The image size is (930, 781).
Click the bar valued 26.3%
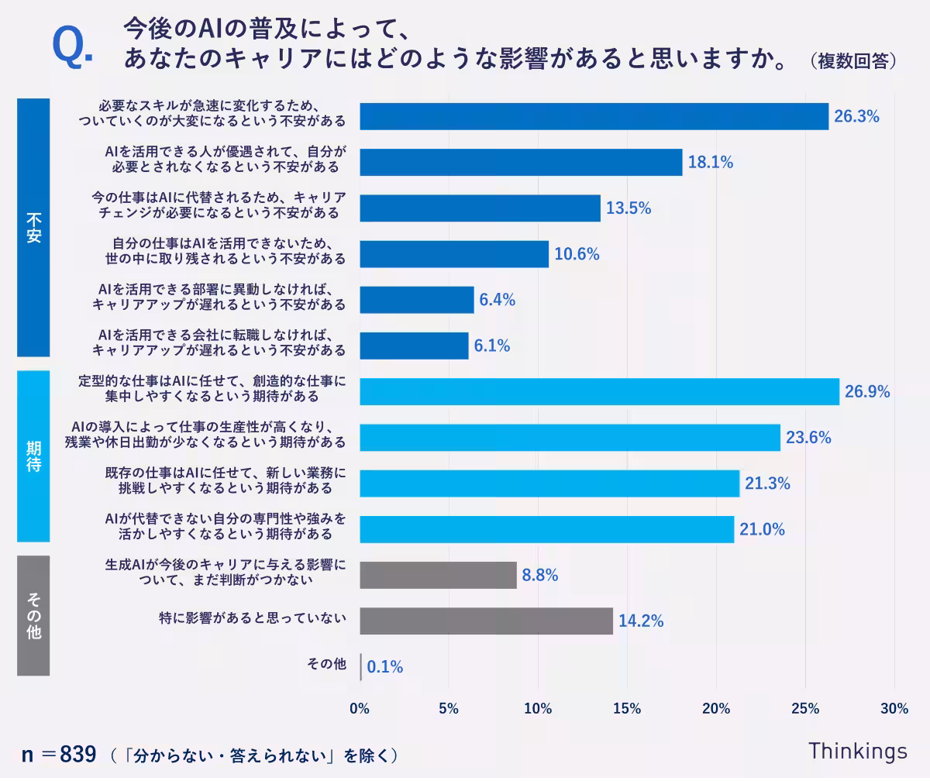pyautogui.click(x=594, y=116)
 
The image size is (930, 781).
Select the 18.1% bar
pyautogui.click(x=521, y=162)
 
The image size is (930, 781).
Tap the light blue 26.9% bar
pyautogui.click(x=599, y=391)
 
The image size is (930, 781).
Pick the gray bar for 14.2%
pyautogui.click(x=486, y=621)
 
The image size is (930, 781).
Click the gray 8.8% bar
pyautogui.click(x=438, y=575)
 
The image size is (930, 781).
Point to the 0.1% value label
pyautogui.click(x=384, y=667)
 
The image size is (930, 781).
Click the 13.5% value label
pyautogui.click(x=628, y=208)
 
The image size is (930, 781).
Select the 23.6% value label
pyautogui.click(x=808, y=438)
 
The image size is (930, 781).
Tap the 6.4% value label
pyautogui.click(x=497, y=300)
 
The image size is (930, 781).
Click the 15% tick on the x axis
pyautogui.click(x=626, y=708)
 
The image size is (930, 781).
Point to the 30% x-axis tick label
pyautogui.click(x=894, y=708)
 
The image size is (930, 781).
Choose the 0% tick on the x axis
pyautogui.click(x=360, y=708)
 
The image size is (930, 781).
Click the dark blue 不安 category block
pyautogui.click(x=33, y=227)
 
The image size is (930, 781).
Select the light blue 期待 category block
pyautogui.click(x=33, y=456)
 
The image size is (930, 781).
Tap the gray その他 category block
pyautogui.click(x=33, y=615)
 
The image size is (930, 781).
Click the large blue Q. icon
pyautogui.click(x=71, y=47)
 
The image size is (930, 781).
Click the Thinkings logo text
pyautogui.click(x=857, y=751)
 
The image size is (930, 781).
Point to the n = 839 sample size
pyautogui.click(x=59, y=754)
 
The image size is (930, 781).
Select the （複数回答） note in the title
pyautogui.click(x=852, y=61)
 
